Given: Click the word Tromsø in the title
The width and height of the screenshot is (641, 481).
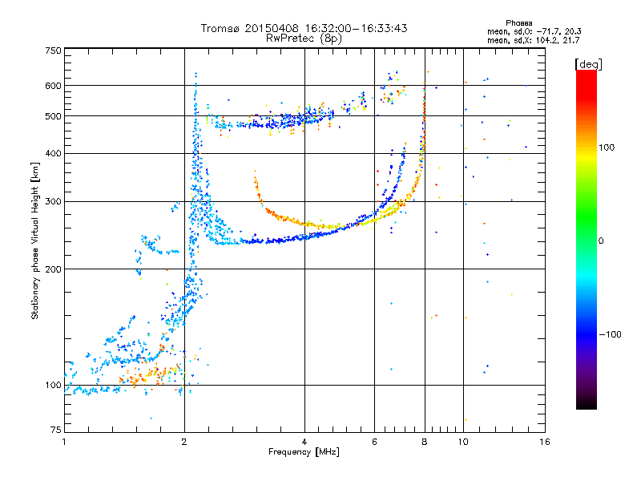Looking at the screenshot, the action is click(221, 28).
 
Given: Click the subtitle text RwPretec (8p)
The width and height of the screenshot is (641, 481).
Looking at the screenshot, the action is click(304, 38).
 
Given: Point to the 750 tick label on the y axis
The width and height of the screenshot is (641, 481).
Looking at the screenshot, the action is click(54, 51).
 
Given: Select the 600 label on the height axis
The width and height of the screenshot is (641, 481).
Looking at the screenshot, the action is click(54, 86).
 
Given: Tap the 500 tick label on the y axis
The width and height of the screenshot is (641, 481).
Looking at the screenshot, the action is click(54, 116).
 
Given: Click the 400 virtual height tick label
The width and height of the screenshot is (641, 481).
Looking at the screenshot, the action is click(54, 153).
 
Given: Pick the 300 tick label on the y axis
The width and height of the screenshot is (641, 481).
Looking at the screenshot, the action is click(54, 201).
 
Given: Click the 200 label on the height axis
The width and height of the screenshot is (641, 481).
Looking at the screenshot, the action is click(54, 269).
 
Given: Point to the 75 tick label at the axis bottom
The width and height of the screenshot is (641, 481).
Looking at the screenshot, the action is click(56, 430).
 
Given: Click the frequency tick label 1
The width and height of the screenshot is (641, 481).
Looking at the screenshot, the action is click(65, 442).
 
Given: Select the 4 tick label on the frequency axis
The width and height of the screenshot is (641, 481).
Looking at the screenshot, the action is click(304, 442).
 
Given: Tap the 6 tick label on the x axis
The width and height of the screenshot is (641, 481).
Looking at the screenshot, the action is click(374, 442).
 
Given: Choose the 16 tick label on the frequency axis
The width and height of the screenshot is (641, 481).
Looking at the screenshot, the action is click(545, 442).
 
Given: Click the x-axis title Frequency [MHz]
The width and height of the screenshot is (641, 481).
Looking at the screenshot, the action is click(304, 452).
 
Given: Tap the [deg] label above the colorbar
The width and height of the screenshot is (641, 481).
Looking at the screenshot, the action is click(588, 65).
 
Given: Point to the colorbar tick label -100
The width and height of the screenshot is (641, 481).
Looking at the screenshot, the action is click(611, 334).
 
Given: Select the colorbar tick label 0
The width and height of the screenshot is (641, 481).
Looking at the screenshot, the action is click(601, 241).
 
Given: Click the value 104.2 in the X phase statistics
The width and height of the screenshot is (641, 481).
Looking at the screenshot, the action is click(547, 41).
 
